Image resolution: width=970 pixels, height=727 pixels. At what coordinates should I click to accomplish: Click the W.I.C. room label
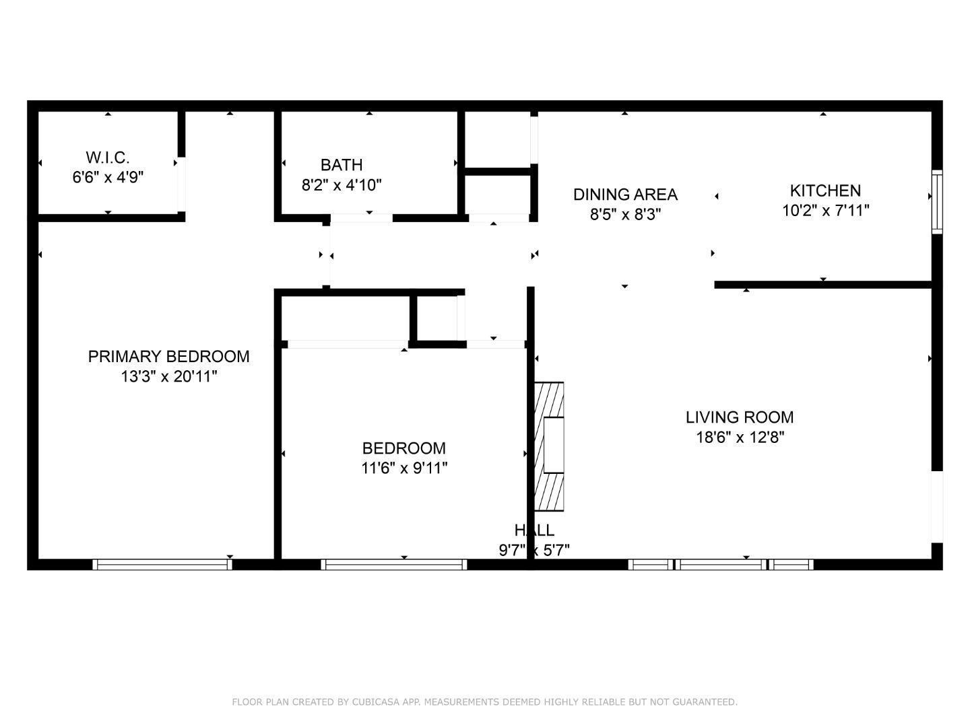point(108,158)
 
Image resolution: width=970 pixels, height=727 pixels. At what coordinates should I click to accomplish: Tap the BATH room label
point(342,165)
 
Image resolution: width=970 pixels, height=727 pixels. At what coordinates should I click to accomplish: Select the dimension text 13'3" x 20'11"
point(168,376)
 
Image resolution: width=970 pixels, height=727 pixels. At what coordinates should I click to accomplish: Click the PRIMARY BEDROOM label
point(168,356)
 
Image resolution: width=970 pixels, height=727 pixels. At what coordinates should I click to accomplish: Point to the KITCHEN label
point(825,191)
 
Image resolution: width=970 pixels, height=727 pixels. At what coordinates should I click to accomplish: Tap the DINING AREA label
point(625,195)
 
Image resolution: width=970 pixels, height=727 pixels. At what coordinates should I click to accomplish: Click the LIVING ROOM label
point(740,417)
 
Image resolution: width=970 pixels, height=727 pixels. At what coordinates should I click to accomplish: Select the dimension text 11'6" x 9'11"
point(404,468)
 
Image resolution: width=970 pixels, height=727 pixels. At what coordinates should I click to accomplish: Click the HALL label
point(534,530)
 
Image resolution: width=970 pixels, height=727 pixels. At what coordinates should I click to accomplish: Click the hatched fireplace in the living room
point(549,447)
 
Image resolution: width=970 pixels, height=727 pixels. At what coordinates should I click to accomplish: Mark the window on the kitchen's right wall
point(937,202)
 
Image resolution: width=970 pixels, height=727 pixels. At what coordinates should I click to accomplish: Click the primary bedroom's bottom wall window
point(162,564)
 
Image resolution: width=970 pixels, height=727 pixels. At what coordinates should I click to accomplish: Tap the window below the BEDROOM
point(394,564)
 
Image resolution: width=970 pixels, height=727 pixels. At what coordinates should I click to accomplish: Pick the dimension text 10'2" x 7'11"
point(825,211)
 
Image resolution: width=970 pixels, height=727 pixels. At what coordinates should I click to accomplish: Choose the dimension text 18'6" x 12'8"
point(740,438)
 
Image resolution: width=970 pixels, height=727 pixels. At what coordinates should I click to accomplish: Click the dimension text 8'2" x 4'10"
point(342,185)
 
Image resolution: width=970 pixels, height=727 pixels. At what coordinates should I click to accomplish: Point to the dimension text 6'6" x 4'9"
point(108,178)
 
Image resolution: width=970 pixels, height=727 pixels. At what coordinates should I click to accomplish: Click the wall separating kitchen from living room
point(822,285)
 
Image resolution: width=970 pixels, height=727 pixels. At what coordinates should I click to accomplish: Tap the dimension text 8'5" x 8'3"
point(625,215)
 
